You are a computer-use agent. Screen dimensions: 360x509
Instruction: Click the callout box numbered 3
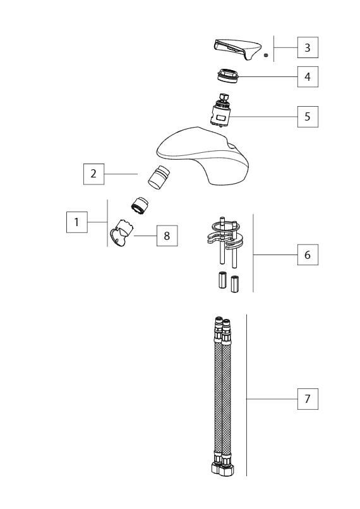pyautogui.click(x=308, y=47)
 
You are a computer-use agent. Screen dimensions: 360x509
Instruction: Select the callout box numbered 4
pyautogui.click(x=308, y=76)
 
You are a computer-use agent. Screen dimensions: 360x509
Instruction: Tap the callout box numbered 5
pyautogui.click(x=308, y=117)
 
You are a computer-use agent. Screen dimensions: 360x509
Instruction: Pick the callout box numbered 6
pyautogui.click(x=308, y=254)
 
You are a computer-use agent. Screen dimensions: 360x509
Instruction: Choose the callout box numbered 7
pyautogui.click(x=308, y=398)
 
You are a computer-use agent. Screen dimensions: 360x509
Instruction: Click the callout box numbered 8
pyautogui.click(x=167, y=236)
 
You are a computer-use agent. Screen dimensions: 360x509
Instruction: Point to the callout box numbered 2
pyautogui.click(x=93, y=174)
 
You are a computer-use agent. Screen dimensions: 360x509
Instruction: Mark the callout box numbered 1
pyautogui.click(x=76, y=222)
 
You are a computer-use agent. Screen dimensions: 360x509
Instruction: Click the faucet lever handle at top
pyautogui.click(x=237, y=49)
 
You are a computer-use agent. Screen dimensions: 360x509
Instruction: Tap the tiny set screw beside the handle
pyautogui.click(x=265, y=56)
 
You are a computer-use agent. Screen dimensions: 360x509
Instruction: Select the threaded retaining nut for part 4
pyautogui.click(x=227, y=75)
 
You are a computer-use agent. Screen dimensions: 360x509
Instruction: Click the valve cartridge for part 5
pyautogui.click(x=220, y=111)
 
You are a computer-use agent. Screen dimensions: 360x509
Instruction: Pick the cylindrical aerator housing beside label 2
pyautogui.click(x=159, y=177)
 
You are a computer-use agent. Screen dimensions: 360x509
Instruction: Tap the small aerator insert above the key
pyautogui.click(x=140, y=205)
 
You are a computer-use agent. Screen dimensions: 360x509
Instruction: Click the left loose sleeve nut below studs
pyautogui.click(x=222, y=280)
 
